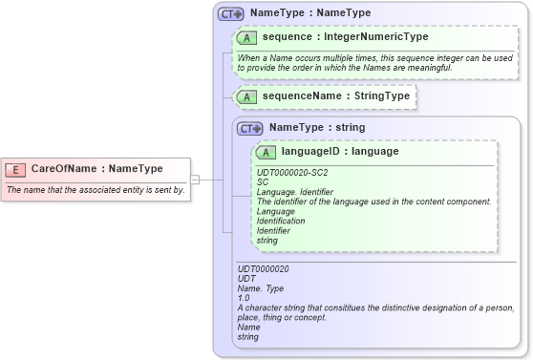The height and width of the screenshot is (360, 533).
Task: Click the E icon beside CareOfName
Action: (x=15, y=169)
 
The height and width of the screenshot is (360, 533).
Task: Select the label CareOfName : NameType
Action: (x=96, y=169)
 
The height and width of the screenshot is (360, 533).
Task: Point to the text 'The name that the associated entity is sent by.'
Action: (x=96, y=190)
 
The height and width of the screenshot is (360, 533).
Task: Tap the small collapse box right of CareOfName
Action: (x=194, y=179)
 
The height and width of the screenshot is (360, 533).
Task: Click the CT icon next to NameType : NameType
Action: (x=231, y=14)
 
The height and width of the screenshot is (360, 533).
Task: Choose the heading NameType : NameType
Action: (x=310, y=14)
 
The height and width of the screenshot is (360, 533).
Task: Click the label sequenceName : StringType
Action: (x=336, y=96)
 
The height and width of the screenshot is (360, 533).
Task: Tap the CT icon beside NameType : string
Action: (x=250, y=128)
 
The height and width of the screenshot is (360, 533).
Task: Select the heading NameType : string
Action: (x=316, y=127)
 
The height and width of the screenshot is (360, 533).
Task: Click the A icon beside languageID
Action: (x=266, y=152)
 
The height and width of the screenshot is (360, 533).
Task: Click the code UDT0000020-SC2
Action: (x=292, y=172)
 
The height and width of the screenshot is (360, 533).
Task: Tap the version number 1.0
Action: (x=244, y=298)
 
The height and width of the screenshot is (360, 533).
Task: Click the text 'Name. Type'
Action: (x=261, y=288)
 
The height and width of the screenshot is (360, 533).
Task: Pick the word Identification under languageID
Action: (x=281, y=221)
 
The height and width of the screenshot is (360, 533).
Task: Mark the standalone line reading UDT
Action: (x=246, y=279)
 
